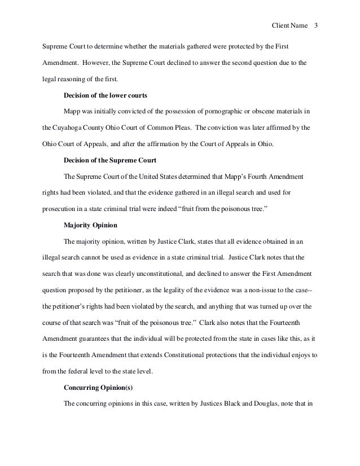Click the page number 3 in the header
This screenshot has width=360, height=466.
click(x=316, y=26)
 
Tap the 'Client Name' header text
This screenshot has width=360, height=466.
click(x=289, y=26)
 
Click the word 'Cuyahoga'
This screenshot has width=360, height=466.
click(x=84, y=128)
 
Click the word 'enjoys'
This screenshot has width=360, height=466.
click(x=294, y=355)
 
